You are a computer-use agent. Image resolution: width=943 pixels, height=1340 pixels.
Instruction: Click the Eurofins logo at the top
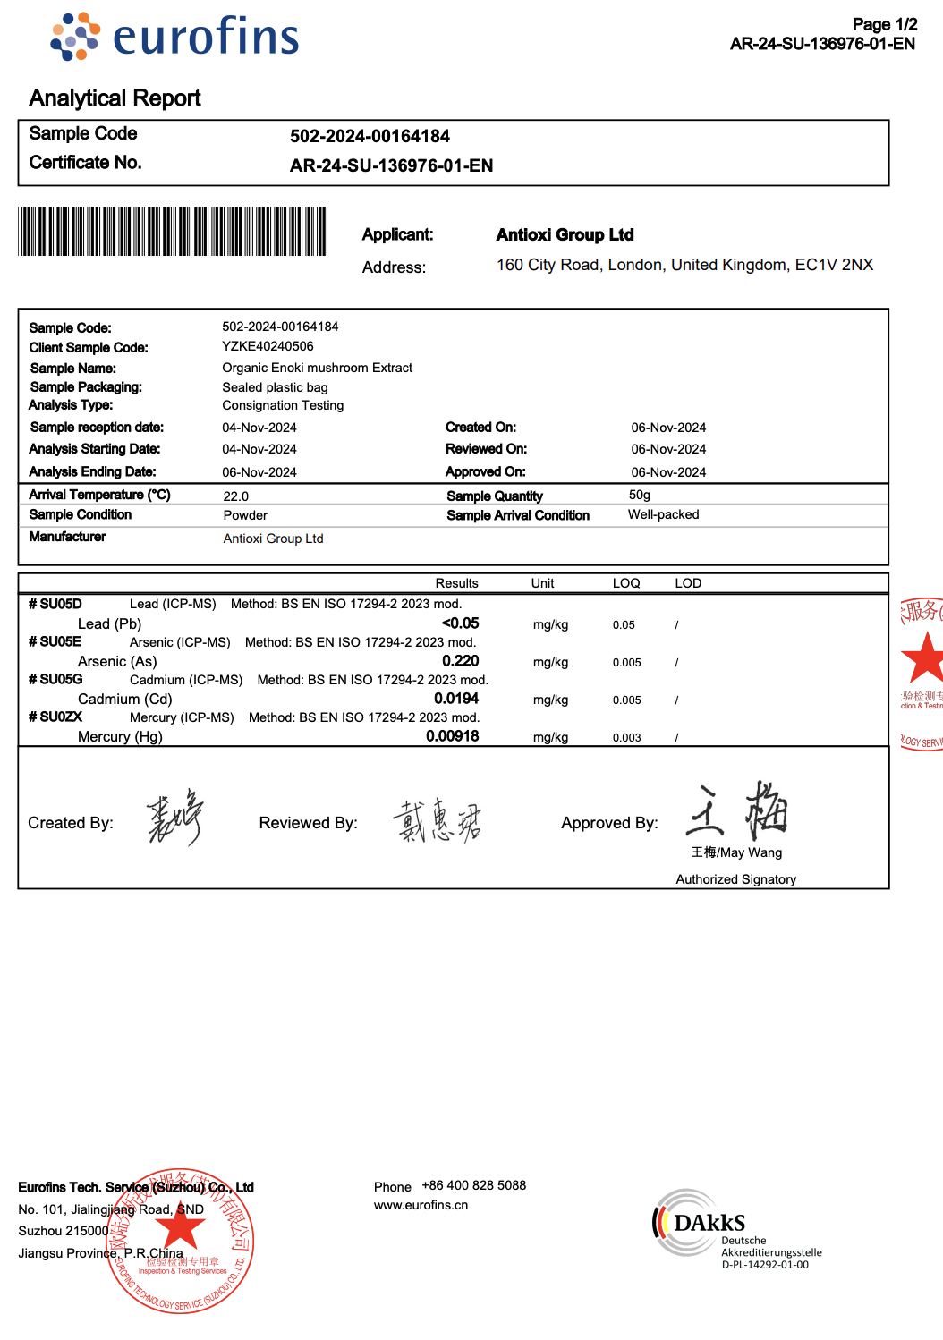click(x=175, y=38)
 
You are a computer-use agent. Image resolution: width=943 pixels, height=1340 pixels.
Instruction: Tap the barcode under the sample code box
click(x=173, y=232)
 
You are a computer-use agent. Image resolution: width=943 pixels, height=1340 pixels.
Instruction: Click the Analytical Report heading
click(x=115, y=98)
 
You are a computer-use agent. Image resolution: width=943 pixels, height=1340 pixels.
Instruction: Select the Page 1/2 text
click(x=884, y=24)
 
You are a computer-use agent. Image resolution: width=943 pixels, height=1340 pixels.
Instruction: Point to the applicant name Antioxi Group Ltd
click(x=565, y=235)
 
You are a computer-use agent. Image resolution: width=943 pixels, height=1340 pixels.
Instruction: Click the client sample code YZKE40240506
click(x=268, y=347)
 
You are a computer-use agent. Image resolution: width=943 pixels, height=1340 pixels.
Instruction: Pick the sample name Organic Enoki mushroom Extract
click(x=317, y=368)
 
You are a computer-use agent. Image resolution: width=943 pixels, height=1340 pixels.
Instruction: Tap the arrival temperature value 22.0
click(x=235, y=496)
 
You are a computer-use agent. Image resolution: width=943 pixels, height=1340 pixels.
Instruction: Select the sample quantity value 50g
click(x=639, y=495)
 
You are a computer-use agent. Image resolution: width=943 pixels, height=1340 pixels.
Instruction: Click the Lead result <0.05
click(x=460, y=623)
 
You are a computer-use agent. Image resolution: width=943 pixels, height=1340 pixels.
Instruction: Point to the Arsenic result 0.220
click(x=460, y=661)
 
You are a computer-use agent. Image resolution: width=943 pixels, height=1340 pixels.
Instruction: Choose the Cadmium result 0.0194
click(x=456, y=699)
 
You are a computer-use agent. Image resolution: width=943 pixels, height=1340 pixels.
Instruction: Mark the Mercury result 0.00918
click(x=452, y=736)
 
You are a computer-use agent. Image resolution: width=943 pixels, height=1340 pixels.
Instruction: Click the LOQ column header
click(x=626, y=583)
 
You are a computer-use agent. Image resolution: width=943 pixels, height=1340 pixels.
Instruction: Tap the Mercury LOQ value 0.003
click(x=626, y=738)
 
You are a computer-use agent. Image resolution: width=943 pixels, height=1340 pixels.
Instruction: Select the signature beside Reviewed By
click(x=438, y=821)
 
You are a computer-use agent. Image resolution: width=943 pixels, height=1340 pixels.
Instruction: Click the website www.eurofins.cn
click(x=421, y=1205)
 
